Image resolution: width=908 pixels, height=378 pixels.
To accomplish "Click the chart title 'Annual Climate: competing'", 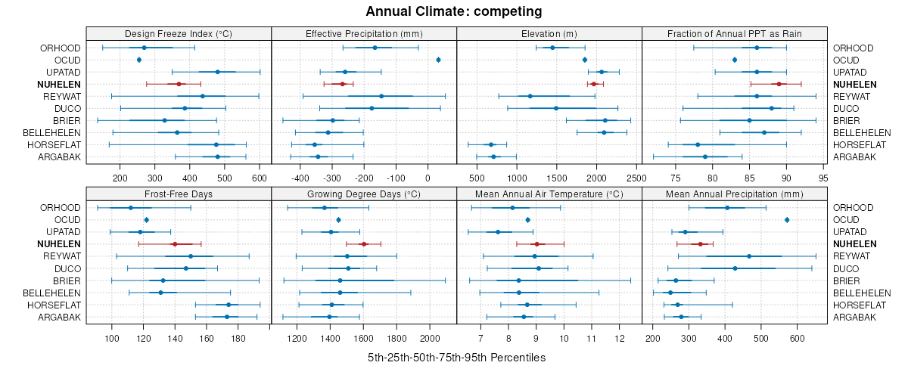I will [x=453, y=11].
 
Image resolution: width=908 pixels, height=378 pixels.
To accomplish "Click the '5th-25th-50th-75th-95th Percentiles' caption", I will [x=456, y=357].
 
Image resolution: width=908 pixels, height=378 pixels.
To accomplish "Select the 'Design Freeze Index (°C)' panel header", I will [x=179, y=33].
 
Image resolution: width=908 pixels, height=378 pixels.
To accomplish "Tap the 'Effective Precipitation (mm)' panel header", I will [x=364, y=33].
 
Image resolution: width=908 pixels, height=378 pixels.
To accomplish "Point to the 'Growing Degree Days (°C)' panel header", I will [x=364, y=193].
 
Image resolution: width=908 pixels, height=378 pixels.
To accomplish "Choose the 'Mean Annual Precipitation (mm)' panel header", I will [x=734, y=193].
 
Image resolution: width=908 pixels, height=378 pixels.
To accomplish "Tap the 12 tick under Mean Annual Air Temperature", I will [x=620, y=337].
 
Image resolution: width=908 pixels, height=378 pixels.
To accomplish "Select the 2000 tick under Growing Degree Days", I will [x=429, y=337].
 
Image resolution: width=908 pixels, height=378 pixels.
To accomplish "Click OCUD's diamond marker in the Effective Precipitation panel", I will [x=439, y=60].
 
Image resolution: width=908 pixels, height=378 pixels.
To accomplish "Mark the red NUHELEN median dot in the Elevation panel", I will [x=594, y=84].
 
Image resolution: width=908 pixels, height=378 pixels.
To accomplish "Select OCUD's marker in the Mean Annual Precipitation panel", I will [x=787, y=219].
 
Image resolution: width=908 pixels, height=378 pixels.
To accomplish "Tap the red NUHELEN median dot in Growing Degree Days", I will [x=364, y=243].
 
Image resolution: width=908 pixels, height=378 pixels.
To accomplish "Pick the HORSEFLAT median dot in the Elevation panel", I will [x=490, y=144].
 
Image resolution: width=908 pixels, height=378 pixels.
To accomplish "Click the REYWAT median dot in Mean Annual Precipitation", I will [x=749, y=256].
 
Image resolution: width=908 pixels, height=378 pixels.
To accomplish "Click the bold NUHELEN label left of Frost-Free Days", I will [x=59, y=243].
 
